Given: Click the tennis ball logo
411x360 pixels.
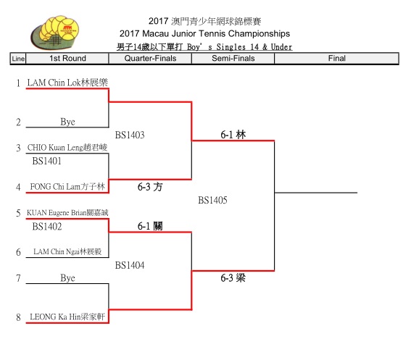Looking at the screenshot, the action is [55, 33].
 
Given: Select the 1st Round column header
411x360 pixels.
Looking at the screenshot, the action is [67, 58].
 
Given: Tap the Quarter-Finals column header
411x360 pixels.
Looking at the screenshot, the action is [150, 58].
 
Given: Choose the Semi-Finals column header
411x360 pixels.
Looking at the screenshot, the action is [233, 58].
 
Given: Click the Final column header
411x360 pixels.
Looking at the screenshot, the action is [336, 58].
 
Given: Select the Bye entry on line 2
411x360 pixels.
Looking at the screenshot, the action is [67, 122].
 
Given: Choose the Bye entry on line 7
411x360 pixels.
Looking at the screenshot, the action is [67, 277].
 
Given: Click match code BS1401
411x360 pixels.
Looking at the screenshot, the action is [47, 161].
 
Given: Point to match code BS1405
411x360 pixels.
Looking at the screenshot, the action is [212, 200].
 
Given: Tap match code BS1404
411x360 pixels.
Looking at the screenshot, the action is [130, 265].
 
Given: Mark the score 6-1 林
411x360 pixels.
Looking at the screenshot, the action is [233, 135].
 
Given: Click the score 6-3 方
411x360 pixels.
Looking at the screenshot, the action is [150, 187].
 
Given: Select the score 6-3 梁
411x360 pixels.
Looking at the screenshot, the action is [233, 277].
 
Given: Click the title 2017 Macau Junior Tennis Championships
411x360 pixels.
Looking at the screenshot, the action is [204, 33].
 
